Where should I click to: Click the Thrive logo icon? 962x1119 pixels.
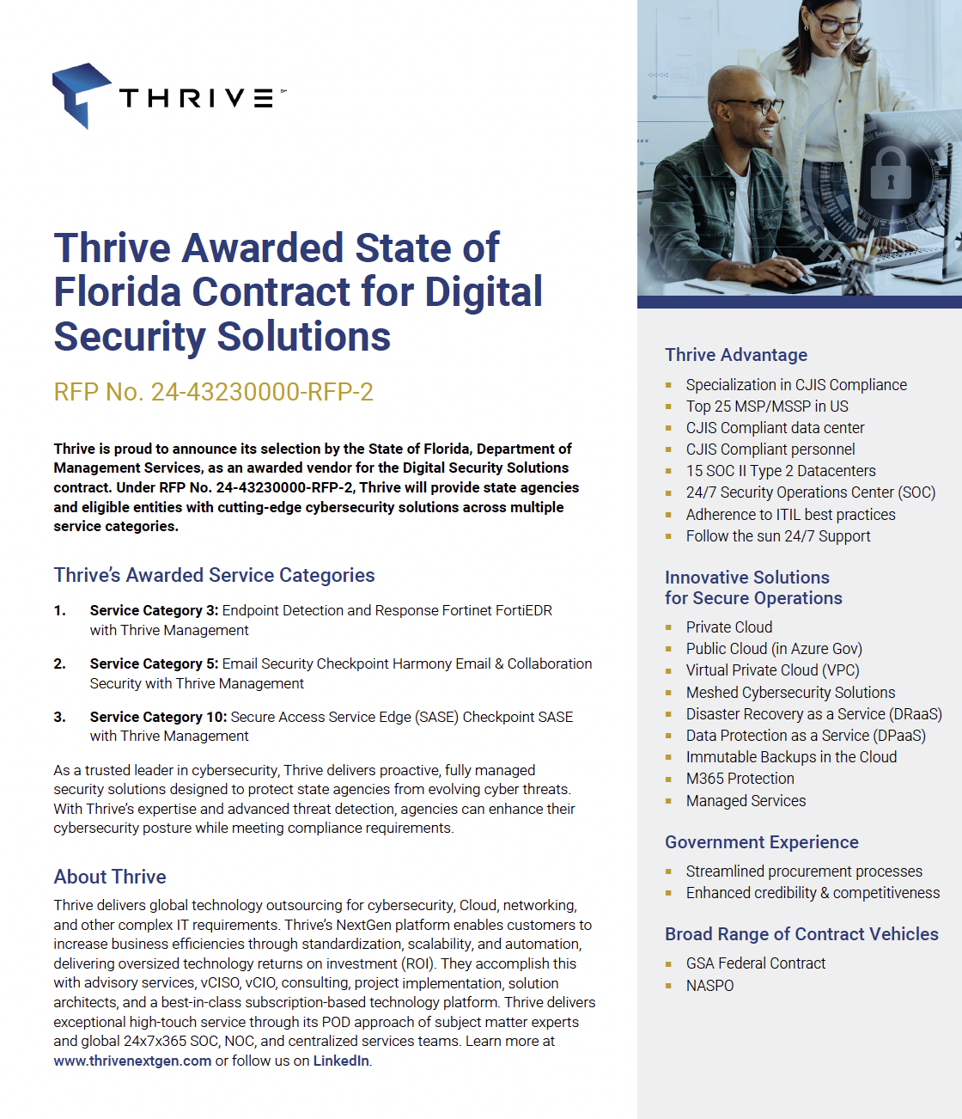coord(81,95)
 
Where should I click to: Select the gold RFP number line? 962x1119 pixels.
coord(213,392)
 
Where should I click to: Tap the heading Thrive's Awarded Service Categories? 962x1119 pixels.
coord(214,575)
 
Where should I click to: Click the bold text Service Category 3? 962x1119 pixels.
coord(154,610)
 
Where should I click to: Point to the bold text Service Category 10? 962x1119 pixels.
coord(158,717)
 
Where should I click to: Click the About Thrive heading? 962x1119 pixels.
coord(110,877)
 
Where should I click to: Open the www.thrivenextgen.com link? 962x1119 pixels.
coord(132,1061)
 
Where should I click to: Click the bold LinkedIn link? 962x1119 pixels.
coord(341,1061)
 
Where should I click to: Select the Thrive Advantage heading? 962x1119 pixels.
coord(736,355)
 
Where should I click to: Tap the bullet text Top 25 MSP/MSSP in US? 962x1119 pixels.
coord(767,407)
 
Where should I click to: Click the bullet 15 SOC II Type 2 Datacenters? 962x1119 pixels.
coord(781,471)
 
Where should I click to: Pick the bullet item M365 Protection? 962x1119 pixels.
coord(740,779)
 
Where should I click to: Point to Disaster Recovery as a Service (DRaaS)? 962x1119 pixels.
coord(813,714)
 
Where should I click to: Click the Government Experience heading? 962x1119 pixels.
coord(761,842)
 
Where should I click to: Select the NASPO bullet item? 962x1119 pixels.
coord(709,986)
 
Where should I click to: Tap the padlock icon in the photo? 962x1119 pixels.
coord(890,174)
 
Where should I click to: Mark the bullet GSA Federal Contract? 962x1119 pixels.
coord(755,963)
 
